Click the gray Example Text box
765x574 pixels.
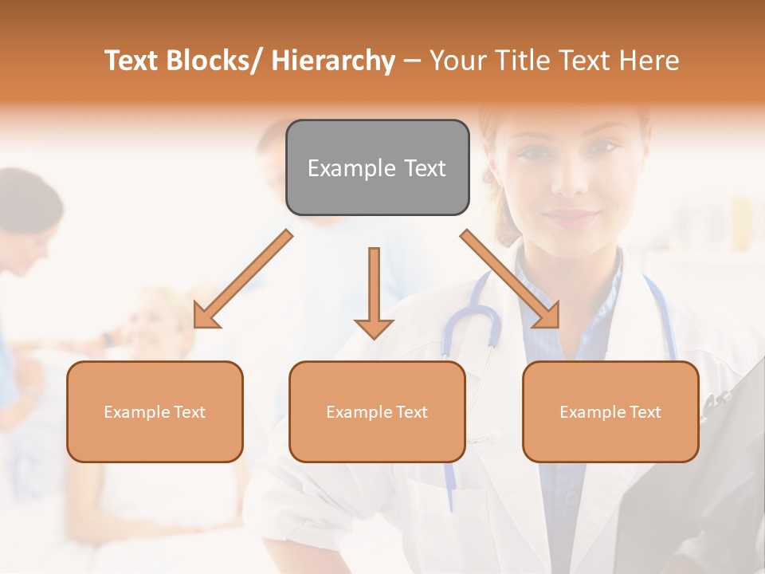377,167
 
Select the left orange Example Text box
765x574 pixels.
155,411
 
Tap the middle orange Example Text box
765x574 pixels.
377,411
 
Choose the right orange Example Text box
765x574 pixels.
610,411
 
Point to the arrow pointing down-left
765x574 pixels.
242,280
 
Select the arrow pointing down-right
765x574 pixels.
511,280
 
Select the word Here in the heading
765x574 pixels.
649,61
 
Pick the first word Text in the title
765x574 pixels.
133,61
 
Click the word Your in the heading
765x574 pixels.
457,61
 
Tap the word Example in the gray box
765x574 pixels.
351,167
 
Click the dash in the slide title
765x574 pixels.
412,61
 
